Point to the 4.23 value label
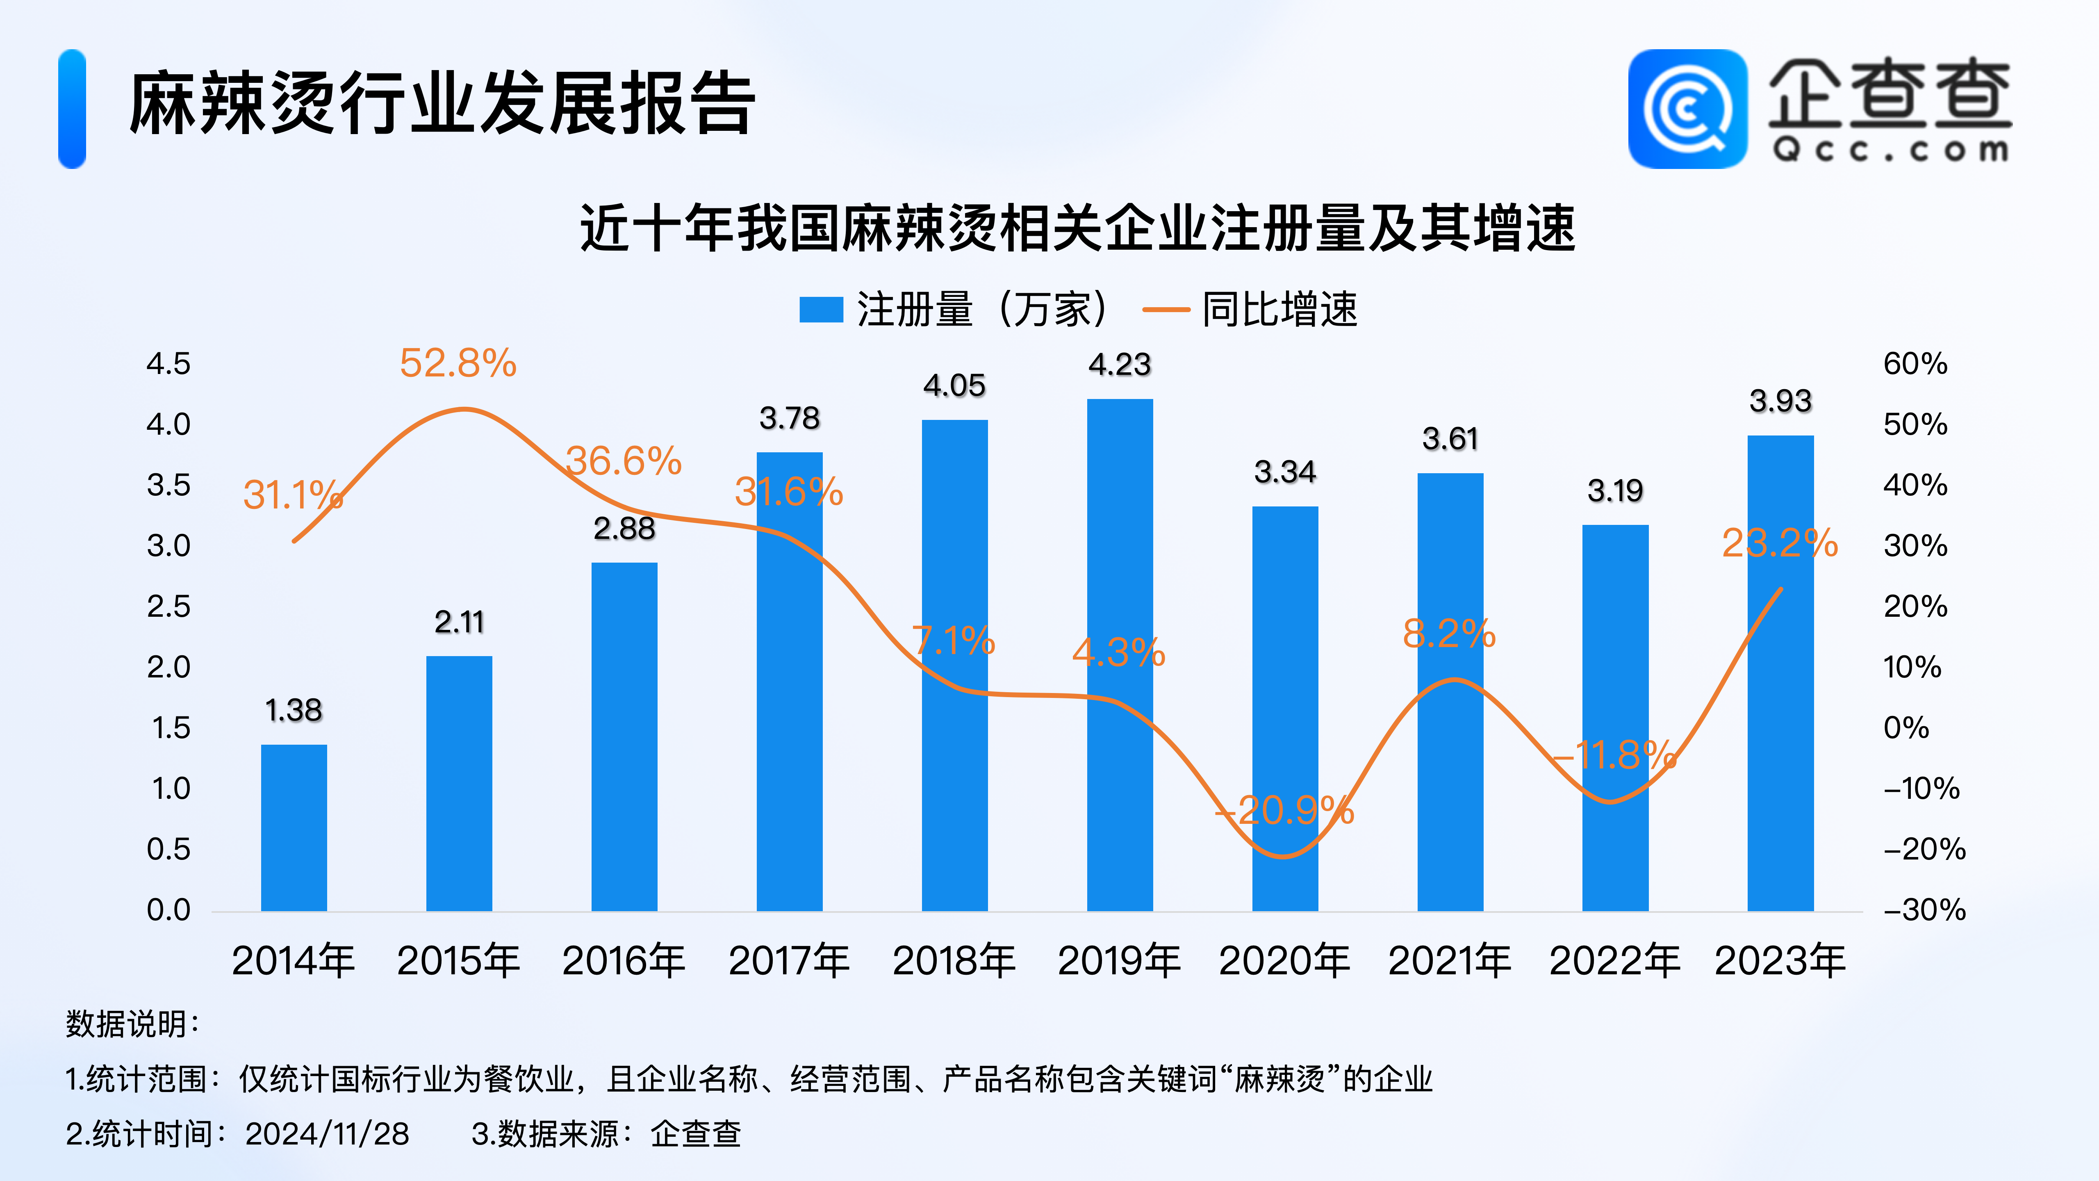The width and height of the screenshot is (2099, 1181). pos(1120,364)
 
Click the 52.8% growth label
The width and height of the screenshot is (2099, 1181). pos(458,363)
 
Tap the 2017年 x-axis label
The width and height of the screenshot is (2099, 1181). pos(789,960)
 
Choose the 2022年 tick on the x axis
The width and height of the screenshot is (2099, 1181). pos(1614,960)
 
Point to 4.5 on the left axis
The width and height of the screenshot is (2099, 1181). pos(168,363)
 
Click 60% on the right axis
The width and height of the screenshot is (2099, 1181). pos(1915,363)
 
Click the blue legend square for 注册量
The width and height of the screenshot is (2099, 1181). pos(820,310)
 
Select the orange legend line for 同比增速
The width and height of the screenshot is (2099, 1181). pos(1166,310)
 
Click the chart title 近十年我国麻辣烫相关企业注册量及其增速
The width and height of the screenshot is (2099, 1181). pos(1077,228)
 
